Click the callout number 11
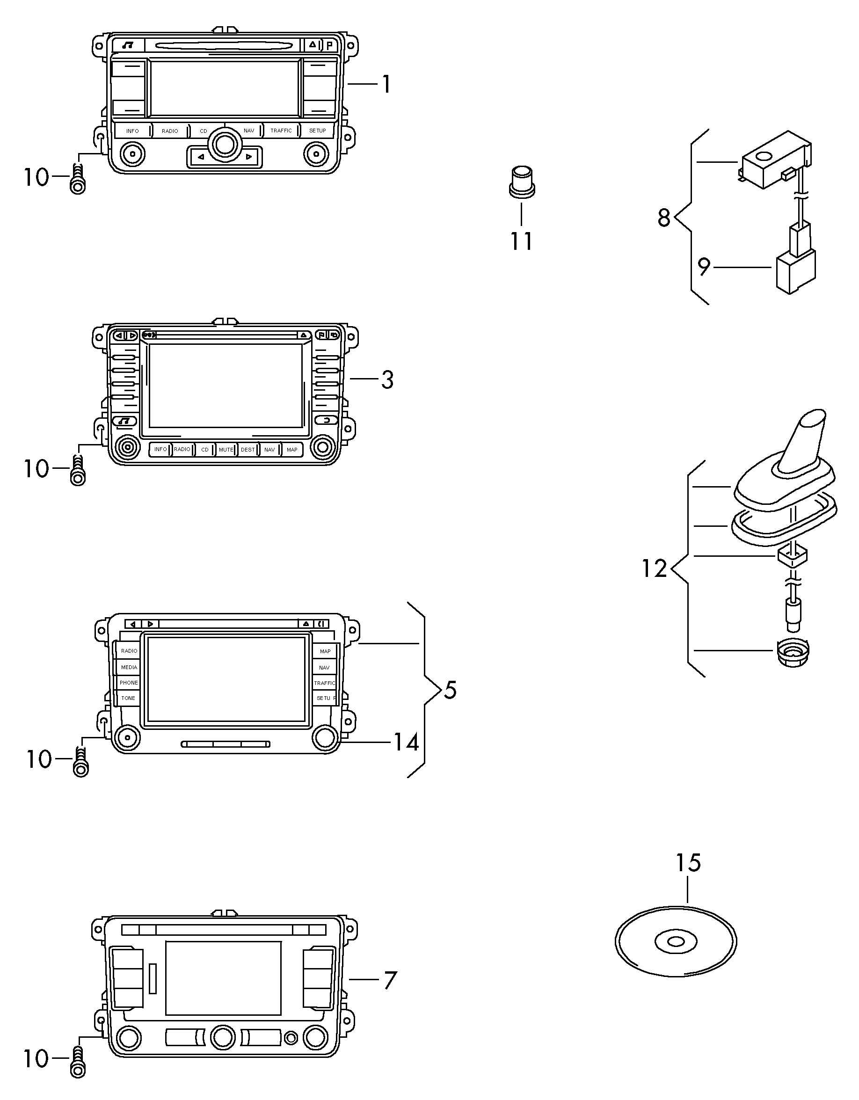[521, 241]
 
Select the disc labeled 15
[676, 941]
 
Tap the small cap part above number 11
[521, 182]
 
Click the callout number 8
[664, 218]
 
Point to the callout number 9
[703, 267]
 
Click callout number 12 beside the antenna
[654, 568]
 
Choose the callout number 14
[406, 743]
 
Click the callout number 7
[390, 981]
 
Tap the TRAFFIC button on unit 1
[281, 131]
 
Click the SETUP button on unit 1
[318, 131]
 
